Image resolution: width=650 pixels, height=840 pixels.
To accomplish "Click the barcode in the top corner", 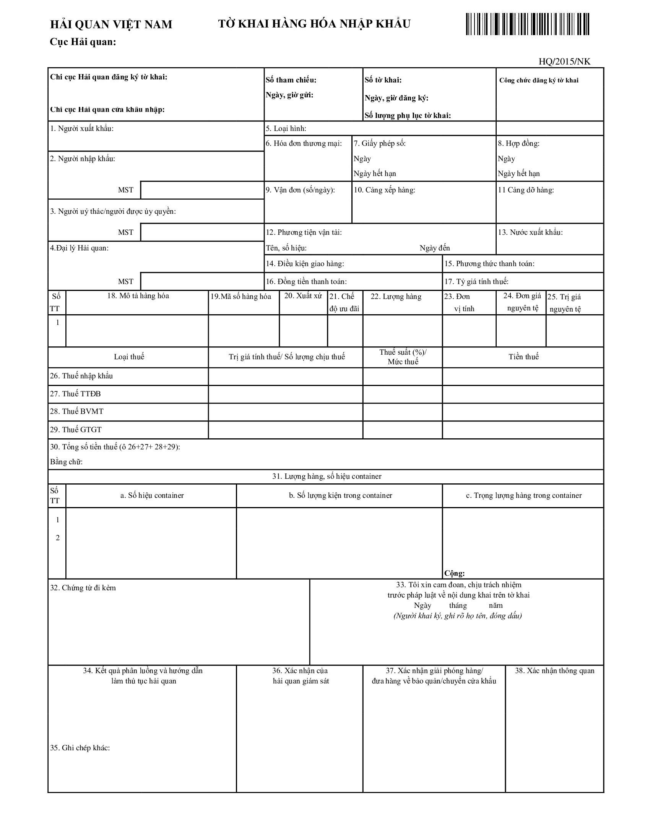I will [x=527, y=24].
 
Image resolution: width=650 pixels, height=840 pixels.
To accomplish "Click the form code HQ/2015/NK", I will [x=564, y=61].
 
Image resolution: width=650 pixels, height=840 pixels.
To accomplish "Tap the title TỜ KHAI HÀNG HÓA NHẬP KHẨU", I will [x=314, y=24].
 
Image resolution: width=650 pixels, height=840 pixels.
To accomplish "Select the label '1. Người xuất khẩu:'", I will [x=82, y=128].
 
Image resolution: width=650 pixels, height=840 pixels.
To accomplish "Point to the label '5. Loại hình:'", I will [x=286, y=128].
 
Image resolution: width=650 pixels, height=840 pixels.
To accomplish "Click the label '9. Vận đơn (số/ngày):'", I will [x=301, y=190].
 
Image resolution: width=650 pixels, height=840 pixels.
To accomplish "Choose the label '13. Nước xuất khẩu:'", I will [x=530, y=232].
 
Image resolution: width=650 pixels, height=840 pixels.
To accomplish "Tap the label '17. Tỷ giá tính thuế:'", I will [x=476, y=281].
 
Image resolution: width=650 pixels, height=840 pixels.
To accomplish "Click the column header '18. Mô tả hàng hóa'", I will [x=138, y=296].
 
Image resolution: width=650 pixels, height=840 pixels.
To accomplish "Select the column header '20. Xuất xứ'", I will [x=303, y=296].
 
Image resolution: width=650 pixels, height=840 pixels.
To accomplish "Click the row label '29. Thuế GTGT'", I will [x=75, y=430].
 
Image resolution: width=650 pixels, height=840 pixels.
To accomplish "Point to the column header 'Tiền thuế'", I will [x=523, y=357].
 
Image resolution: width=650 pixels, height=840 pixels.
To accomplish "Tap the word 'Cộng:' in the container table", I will [x=454, y=573].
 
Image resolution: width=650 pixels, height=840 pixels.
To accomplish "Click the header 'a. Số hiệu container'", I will [x=152, y=495].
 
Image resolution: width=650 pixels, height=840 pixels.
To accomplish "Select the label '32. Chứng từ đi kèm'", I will [x=83, y=588].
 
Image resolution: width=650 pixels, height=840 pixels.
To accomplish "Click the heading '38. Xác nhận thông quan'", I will [x=554, y=671].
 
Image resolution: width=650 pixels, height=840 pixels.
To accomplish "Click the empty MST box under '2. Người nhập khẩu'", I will [x=202, y=190].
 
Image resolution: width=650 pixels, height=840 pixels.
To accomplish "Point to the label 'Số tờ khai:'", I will [x=383, y=80].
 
